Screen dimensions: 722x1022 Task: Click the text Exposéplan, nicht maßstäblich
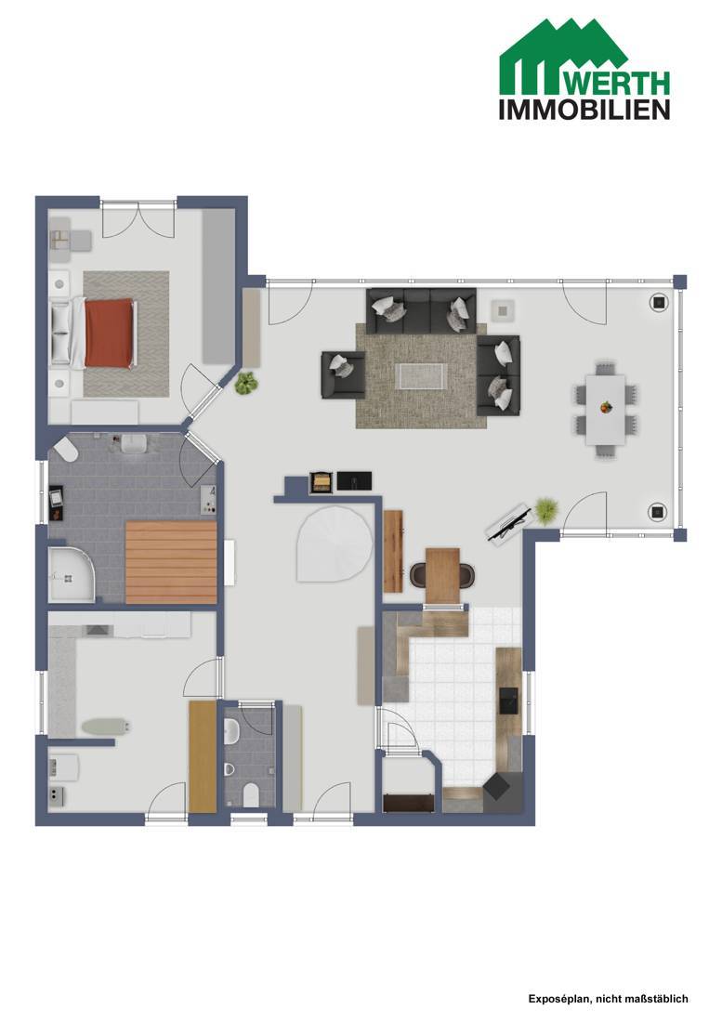pyautogui.click(x=608, y=999)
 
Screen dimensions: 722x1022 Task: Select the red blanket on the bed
pyautogui.click(x=111, y=333)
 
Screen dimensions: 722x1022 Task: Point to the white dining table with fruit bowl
pyautogui.click(x=605, y=410)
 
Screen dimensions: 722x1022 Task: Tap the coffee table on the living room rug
pyautogui.click(x=420, y=376)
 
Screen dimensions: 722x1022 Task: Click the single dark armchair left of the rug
pyautogui.click(x=343, y=374)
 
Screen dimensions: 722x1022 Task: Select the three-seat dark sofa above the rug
pyautogui.click(x=421, y=310)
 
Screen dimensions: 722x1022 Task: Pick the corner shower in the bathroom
pyautogui.click(x=71, y=573)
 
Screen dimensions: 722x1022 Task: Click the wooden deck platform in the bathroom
pyautogui.click(x=171, y=562)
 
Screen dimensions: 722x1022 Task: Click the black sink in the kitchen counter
pyautogui.click(x=508, y=701)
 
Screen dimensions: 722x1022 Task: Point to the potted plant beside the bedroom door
pyautogui.click(x=245, y=383)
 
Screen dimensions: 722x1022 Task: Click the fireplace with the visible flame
pyautogui.click(x=322, y=481)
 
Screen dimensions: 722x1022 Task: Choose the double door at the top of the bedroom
pyautogui.click(x=138, y=219)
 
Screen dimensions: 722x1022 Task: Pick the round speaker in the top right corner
pyautogui.click(x=659, y=302)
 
